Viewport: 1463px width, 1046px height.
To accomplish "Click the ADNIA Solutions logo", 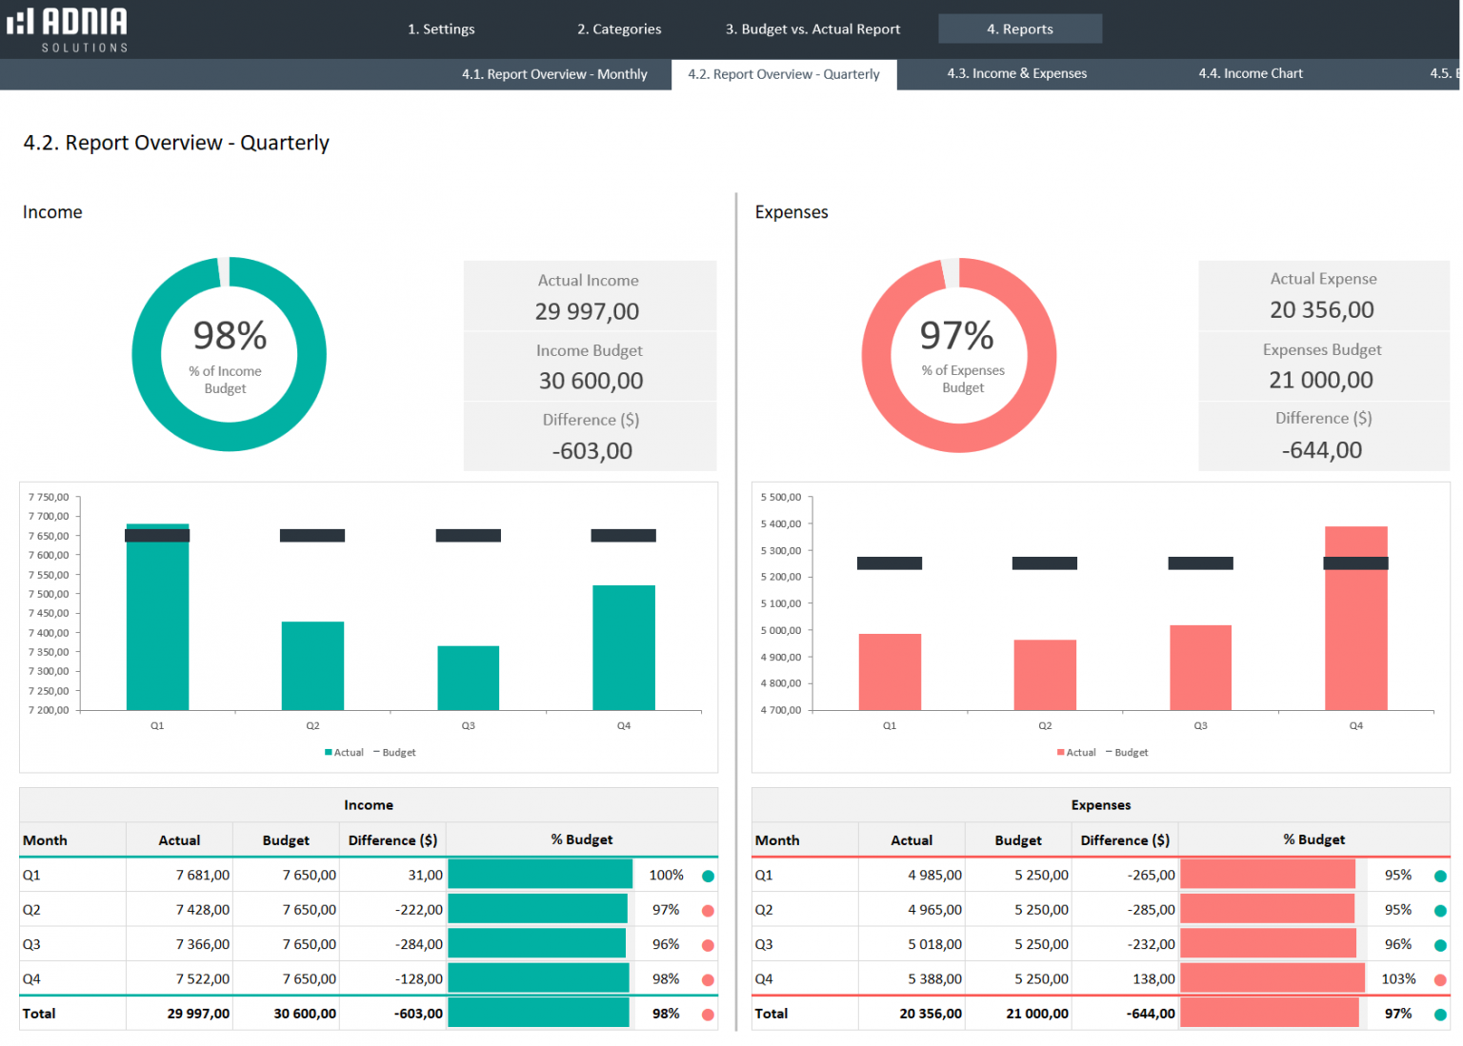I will click(x=68, y=29).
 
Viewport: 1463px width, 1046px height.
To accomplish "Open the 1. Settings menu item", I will click(x=441, y=30).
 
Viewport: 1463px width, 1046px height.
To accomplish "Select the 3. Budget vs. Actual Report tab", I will click(x=812, y=30).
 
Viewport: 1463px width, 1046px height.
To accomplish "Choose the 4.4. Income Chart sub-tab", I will click(x=1250, y=73).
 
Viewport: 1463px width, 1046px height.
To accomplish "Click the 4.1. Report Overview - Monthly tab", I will click(x=554, y=74).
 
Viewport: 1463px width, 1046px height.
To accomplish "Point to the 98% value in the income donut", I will click(x=230, y=336).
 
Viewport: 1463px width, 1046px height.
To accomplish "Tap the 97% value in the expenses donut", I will click(x=956, y=336).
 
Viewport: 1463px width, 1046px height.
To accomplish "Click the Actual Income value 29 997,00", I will click(x=587, y=311).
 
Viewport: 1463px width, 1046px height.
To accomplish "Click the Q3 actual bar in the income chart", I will click(x=468, y=678).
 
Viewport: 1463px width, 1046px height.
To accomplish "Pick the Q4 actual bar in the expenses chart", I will click(x=1355, y=628).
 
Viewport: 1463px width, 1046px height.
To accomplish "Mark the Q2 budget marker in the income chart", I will click(x=312, y=536).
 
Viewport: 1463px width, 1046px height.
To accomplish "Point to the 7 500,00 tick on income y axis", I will click(x=49, y=594).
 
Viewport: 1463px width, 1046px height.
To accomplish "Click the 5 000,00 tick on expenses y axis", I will click(x=781, y=630).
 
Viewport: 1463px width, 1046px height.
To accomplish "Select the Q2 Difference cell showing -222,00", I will click(x=419, y=910).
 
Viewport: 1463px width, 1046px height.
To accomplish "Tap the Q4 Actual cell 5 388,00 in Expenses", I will click(x=934, y=979).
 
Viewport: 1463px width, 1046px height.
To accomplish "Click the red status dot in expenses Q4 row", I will click(x=1439, y=979).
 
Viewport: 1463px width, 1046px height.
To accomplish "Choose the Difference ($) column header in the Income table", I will click(x=392, y=840).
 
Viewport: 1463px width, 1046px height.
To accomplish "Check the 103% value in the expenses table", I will click(x=1398, y=979).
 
